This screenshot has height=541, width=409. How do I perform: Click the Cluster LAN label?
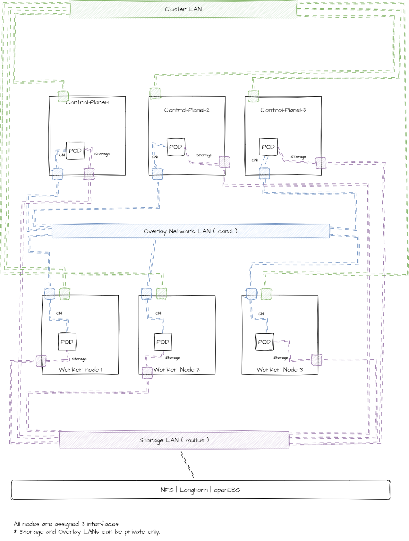pos(183,9)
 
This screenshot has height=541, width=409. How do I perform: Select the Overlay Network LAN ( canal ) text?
pos(191,231)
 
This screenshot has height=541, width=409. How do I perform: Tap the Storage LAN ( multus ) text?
pos(174,440)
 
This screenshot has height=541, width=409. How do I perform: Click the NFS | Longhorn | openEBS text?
pos(200,490)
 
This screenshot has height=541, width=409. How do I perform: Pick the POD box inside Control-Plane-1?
pos(75,150)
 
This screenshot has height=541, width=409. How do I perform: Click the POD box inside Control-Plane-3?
pos(268,147)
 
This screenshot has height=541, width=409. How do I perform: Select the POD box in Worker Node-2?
pos(163,342)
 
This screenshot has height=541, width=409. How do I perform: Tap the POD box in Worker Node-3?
pos(264,342)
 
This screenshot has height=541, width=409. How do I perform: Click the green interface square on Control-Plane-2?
pos(155,93)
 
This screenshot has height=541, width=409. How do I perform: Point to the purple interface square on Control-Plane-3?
pos(321,163)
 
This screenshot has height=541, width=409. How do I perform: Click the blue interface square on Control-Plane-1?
pos(58,174)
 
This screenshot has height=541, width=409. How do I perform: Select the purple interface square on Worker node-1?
pos(41,361)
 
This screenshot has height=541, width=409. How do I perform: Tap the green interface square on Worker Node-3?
pos(266,294)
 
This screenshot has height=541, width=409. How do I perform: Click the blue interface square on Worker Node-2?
pos(147,294)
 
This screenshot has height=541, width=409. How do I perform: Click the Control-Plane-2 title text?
pos(187,110)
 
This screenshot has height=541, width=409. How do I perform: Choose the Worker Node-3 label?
pos(279,369)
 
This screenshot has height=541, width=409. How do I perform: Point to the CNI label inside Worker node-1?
pos(59,313)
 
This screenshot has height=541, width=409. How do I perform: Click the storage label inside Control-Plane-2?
pos(204,155)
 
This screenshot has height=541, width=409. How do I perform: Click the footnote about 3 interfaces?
pos(66,524)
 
